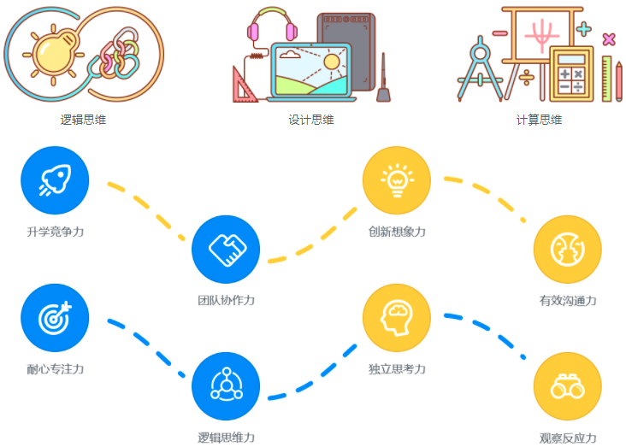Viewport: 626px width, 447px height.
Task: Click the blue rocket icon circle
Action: coord(55,179)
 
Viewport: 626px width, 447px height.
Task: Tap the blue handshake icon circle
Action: coord(226,249)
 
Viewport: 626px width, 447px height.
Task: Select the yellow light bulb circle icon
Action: coord(397,179)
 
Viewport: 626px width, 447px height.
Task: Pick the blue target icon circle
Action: coord(55,318)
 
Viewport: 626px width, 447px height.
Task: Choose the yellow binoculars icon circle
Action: coord(568,387)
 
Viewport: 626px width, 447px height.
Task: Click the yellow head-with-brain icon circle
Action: coord(397,318)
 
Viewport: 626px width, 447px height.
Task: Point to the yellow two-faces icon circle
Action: coord(568,249)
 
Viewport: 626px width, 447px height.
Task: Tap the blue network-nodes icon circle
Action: coord(226,387)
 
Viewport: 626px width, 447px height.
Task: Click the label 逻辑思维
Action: coord(83,120)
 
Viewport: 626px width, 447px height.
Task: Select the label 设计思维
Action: coord(310,120)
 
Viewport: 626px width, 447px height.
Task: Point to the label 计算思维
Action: coord(539,120)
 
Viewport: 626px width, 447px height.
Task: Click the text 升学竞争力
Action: coord(55,232)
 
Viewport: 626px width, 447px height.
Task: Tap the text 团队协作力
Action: coord(226,300)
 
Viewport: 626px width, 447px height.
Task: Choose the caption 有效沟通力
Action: coord(568,300)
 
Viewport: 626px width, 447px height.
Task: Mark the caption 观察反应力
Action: coord(568,438)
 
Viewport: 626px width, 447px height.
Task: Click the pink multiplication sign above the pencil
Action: coord(608,38)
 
